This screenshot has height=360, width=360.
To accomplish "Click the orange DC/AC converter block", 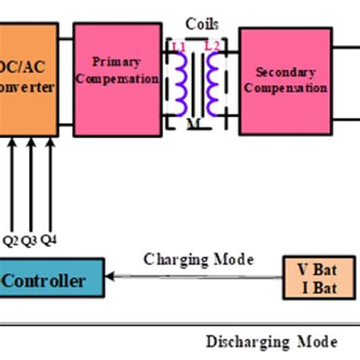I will pyautogui.click(x=27, y=81).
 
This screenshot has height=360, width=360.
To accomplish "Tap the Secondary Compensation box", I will pyautogui.click(x=284, y=80).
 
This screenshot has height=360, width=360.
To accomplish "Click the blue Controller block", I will pyautogui.click(x=46, y=281).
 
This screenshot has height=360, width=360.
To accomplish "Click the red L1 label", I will pyautogui.click(x=178, y=47).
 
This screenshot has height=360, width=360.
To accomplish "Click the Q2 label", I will pyautogui.click(x=11, y=241).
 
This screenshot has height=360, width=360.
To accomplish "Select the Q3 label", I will pyautogui.click(x=30, y=241).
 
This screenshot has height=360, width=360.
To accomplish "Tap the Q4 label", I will pyautogui.click(x=49, y=241).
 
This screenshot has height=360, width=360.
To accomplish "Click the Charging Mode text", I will pyautogui.click(x=198, y=260).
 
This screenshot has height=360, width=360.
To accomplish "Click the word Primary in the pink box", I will pyautogui.click(x=115, y=61).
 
